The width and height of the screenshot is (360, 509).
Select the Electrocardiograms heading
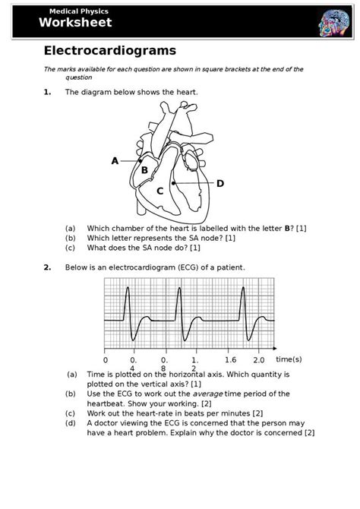point(110,51)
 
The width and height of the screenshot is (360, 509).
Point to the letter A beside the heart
point(115,161)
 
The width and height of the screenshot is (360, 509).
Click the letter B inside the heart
point(144,170)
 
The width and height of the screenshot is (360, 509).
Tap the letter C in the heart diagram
point(160,191)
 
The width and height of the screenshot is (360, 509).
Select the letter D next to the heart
point(220,184)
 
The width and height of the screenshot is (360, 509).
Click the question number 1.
point(47,92)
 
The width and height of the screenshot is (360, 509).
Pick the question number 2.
point(47,267)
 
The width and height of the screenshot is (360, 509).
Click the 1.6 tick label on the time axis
point(231,359)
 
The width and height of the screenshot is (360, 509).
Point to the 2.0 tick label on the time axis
point(258,359)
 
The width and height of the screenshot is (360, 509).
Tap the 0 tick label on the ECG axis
point(105,359)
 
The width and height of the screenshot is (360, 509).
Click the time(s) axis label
point(289,359)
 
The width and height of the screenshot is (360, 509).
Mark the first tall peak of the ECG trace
point(127,288)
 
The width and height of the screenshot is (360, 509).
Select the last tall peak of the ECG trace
point(242,288)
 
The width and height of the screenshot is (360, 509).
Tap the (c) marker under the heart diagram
point(70,248)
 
